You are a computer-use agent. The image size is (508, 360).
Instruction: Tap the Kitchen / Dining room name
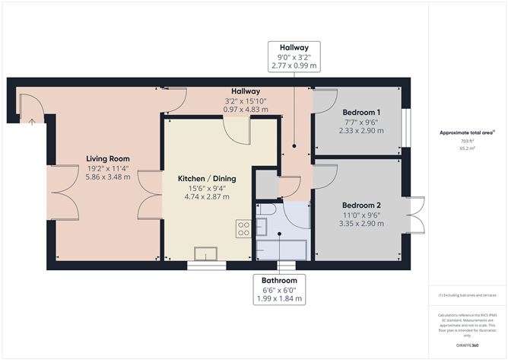tap(207, 178)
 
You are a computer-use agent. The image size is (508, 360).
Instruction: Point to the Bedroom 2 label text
tap(361, 205)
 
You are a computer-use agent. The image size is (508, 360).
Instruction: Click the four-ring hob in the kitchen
tap(243, 228)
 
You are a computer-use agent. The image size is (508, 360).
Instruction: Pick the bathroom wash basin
tap(262, 225)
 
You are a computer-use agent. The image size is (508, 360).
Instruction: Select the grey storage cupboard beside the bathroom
tap(266, 183)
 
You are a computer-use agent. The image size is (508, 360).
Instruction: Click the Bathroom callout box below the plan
tap(280, 289)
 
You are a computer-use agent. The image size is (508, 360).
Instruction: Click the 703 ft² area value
tap(466, 142)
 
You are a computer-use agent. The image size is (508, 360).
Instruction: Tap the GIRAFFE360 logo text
tap(466, 345)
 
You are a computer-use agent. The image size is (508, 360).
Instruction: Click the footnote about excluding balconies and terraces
tap(466, 295)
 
